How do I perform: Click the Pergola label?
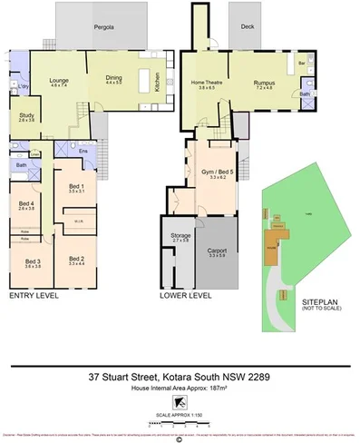[104, 28]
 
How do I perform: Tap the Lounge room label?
[59, 80]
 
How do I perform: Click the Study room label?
[26, 115]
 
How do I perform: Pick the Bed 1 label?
[76, 187]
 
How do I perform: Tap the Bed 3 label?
[33, 261]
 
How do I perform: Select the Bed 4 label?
[26, 203]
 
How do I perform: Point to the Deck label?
[246, 27]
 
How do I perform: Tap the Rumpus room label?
[264, 84]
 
